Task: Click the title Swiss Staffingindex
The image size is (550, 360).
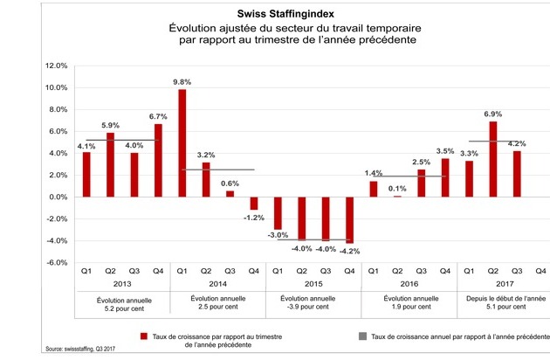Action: click(x=285, y=14)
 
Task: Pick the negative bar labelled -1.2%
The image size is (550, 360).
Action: click(x=254, y=204)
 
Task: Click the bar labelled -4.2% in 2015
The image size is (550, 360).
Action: click(x=349, y=220)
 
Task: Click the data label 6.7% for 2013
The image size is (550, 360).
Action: click(x=158, y=116)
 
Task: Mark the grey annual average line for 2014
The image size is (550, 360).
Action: click(x=217, y=170)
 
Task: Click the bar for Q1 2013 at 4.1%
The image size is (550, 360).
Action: click(x=86, y=175)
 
